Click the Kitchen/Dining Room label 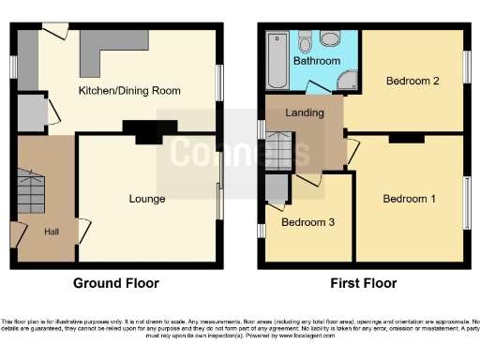(129, 91)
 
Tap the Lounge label (147, 199)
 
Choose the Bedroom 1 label (409, 199)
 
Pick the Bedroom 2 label (412, 81)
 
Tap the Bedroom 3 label (307, 222)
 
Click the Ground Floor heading (116, 283)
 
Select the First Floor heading (364, 283)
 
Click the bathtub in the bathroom (277, 61)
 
